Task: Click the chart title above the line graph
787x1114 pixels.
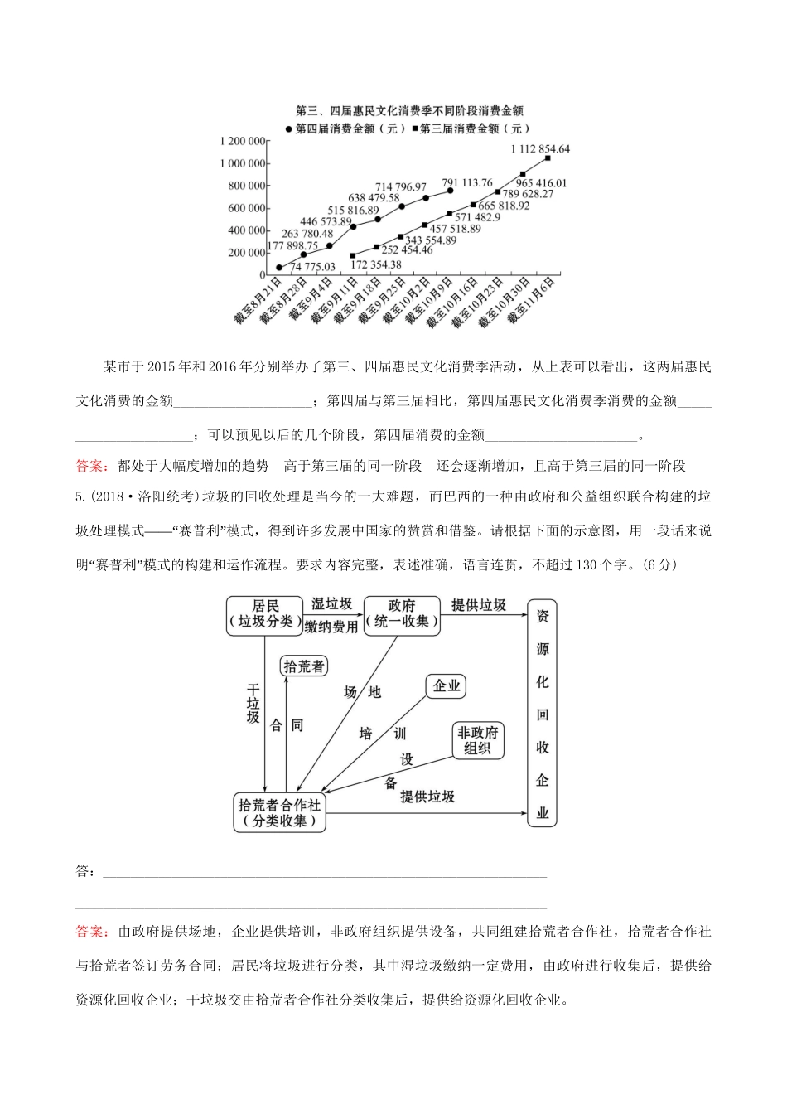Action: pos(409,110)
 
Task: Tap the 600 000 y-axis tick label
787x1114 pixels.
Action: pos(247,208)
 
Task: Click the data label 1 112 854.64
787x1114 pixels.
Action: pos(539,149)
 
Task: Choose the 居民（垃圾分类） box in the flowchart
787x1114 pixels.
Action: pos(264,614)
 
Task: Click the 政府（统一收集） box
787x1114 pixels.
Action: pos(401,614)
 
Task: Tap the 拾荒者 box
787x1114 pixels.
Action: pos(304,666)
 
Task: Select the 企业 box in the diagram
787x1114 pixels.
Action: pos(447,686)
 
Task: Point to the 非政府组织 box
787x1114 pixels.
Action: pos(478,739)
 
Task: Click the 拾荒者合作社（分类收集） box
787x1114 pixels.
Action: pos(280,812)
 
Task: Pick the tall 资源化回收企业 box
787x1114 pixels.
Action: pos(543,713)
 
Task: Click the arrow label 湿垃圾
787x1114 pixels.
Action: pos(331,604)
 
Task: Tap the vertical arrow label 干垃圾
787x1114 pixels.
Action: pos(253,705)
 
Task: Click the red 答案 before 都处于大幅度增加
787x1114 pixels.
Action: pos(91,466)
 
